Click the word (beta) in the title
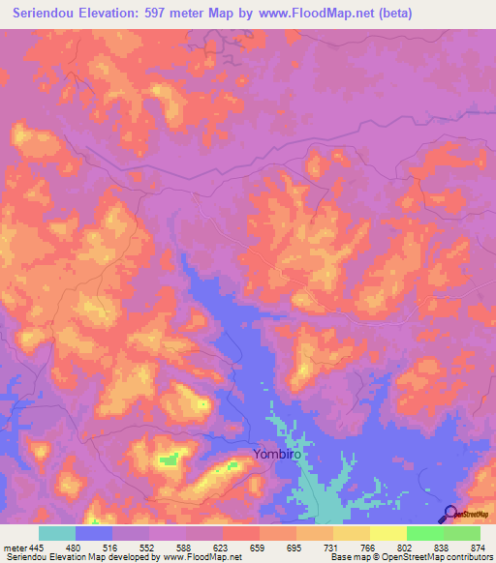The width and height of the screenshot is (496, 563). [x=397, y=14]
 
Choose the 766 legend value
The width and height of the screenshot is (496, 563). [x=371, y=548]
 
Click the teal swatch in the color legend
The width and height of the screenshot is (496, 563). [x=57, y=533]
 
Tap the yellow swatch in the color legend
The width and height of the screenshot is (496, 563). [x=388, y=533]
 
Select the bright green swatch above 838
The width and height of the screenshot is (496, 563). [x=425, y=533]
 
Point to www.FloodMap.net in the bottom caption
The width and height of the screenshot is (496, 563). [x=202, y=558]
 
